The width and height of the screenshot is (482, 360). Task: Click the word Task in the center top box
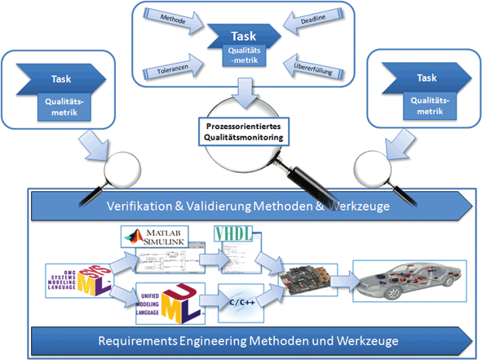[243, 36]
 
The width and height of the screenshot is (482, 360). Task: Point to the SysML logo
[78, 276]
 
